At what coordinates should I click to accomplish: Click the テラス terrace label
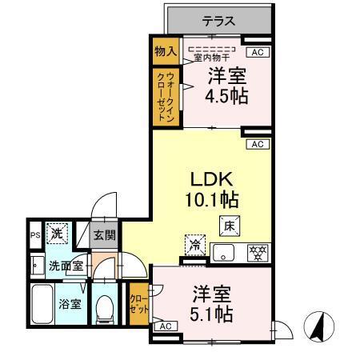coord(218,22)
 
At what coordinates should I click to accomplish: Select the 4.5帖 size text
coord(228,97)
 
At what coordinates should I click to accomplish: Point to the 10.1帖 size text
coord(215,198)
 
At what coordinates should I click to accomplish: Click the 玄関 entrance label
coord(104,236)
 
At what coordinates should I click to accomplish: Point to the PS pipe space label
coord(34,235)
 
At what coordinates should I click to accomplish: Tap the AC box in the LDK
coord(257,144)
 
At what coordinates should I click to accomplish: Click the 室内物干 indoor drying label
coord(210,55)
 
